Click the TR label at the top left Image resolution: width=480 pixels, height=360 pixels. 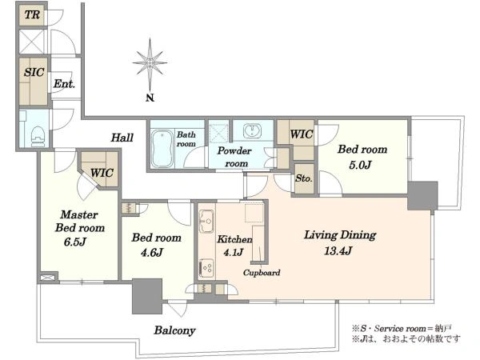32,14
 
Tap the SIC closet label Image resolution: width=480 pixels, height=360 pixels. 34,72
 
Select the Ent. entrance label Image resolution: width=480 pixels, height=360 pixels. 64,84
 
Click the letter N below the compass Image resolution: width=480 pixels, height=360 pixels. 150,98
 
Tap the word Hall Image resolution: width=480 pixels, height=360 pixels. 122,138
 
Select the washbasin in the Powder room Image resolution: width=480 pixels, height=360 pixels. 253,130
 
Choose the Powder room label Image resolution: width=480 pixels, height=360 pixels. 234,157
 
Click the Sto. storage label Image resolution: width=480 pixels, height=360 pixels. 303,178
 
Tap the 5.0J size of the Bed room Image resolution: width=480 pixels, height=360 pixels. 360,165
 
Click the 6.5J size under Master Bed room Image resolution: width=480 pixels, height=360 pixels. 74,242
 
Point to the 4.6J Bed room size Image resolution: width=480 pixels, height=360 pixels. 152,253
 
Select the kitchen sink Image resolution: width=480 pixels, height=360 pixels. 206,221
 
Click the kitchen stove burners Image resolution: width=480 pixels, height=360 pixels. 206,269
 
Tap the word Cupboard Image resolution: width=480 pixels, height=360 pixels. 262,273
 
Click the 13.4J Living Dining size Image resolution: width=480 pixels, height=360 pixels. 338,251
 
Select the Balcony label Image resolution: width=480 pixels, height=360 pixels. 174,330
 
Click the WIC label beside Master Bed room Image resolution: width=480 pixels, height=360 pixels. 102,173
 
